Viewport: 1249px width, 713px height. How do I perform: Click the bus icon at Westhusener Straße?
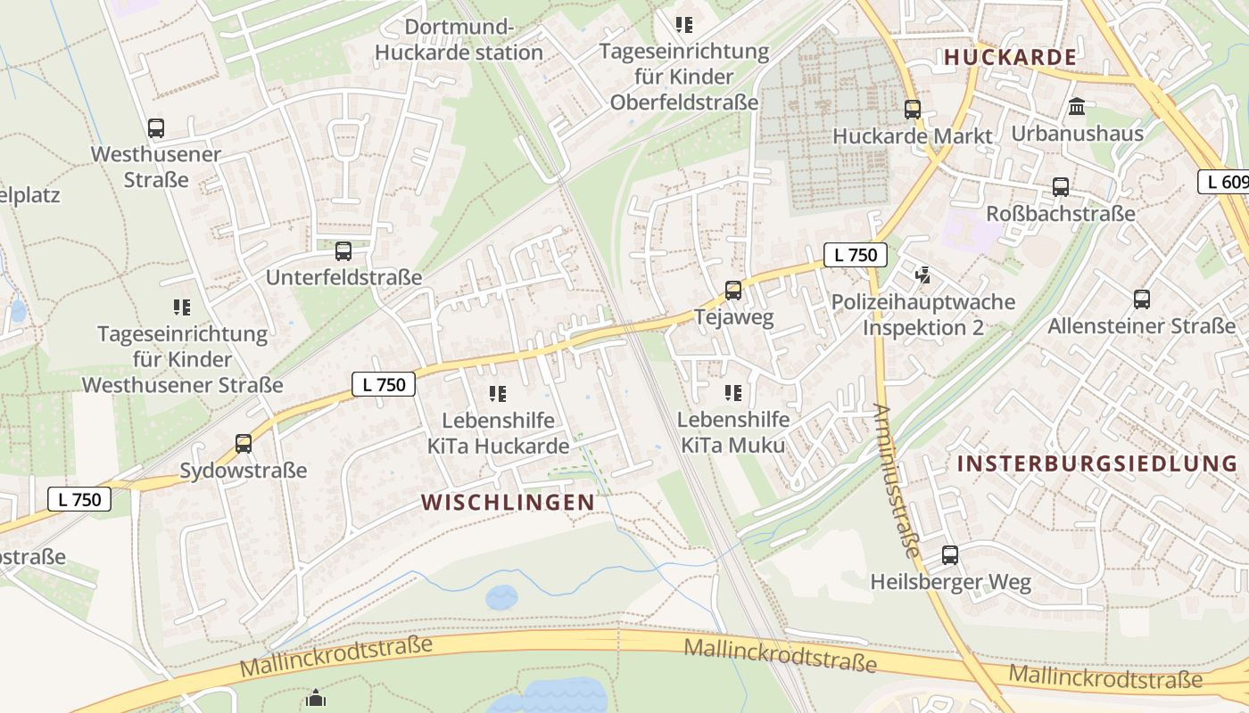156,128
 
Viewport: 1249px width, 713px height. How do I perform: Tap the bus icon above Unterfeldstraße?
343,251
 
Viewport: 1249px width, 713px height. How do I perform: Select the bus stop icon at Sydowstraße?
244,443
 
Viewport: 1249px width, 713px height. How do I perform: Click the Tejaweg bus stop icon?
733,290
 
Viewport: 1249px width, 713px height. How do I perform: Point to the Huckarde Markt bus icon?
912,110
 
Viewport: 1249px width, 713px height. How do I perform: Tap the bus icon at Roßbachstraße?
1061,187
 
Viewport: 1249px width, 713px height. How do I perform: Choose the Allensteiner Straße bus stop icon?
1142,299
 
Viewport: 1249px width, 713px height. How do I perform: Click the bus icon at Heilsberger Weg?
950,555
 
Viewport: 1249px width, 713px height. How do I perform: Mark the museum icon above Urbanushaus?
1077,107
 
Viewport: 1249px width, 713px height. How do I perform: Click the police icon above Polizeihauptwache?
923,275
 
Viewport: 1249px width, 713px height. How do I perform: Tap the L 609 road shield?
1224,182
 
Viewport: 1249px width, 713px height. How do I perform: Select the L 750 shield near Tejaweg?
856,255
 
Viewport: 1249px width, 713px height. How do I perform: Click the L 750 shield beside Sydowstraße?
79,499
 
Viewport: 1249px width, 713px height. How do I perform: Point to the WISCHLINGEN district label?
508,502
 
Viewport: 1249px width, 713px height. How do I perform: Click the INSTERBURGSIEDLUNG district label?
1097,463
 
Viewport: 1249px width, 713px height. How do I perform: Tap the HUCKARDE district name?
1010,57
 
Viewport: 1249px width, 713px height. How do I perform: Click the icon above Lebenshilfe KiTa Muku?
733,393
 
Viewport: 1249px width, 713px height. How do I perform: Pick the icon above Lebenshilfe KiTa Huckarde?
498,393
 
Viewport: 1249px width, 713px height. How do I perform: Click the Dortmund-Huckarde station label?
459,39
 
